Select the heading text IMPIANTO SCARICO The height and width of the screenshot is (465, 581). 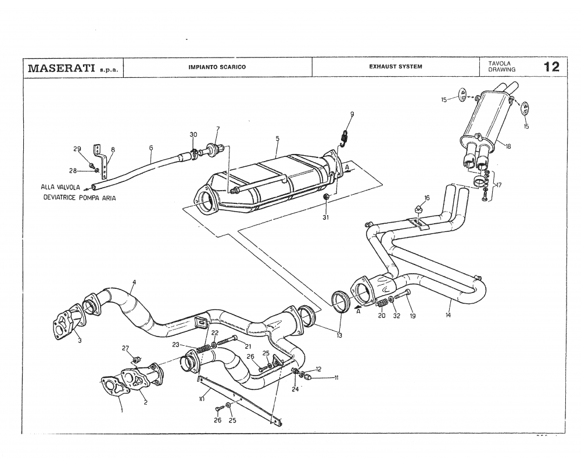coord(217,67)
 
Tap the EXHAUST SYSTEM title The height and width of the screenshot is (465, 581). coord(396,66)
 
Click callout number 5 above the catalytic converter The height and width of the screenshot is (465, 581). coord(278,139)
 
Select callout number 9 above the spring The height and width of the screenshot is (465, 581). coord(352,114)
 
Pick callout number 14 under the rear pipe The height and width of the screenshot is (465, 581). coord(448,316)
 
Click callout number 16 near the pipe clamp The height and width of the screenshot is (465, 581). coord(427,198)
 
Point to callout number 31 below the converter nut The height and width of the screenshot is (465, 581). coord(326,217)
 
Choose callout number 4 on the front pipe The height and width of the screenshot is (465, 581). coord(134,282)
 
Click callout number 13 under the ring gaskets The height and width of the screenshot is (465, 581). coord(339,335)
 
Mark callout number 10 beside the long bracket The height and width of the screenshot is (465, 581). coord(202,399)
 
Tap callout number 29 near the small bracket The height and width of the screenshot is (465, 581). coord(77,149)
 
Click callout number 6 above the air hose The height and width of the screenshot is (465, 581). coord(150,148)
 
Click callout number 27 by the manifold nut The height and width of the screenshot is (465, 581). coord(125,348)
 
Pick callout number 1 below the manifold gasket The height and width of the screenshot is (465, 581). coord(122,410)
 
